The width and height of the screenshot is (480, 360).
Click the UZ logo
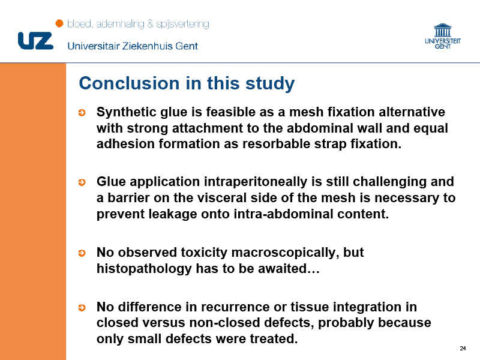click(x=36, y=41)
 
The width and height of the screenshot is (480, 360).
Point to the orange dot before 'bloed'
click(x=59, y=23)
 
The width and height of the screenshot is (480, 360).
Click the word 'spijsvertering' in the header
click(x=182, y=24)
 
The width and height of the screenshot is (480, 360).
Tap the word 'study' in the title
click(x=270, y=84)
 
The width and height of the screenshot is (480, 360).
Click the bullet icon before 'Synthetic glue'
click(x=82, y=113)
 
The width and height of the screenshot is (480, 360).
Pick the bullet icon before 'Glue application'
click(x=82, y=182)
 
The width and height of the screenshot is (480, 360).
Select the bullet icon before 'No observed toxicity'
click(x=82, y=253)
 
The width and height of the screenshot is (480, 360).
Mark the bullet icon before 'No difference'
click(x=82, y=308)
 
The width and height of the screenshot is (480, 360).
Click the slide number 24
click(x=463, y=349)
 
